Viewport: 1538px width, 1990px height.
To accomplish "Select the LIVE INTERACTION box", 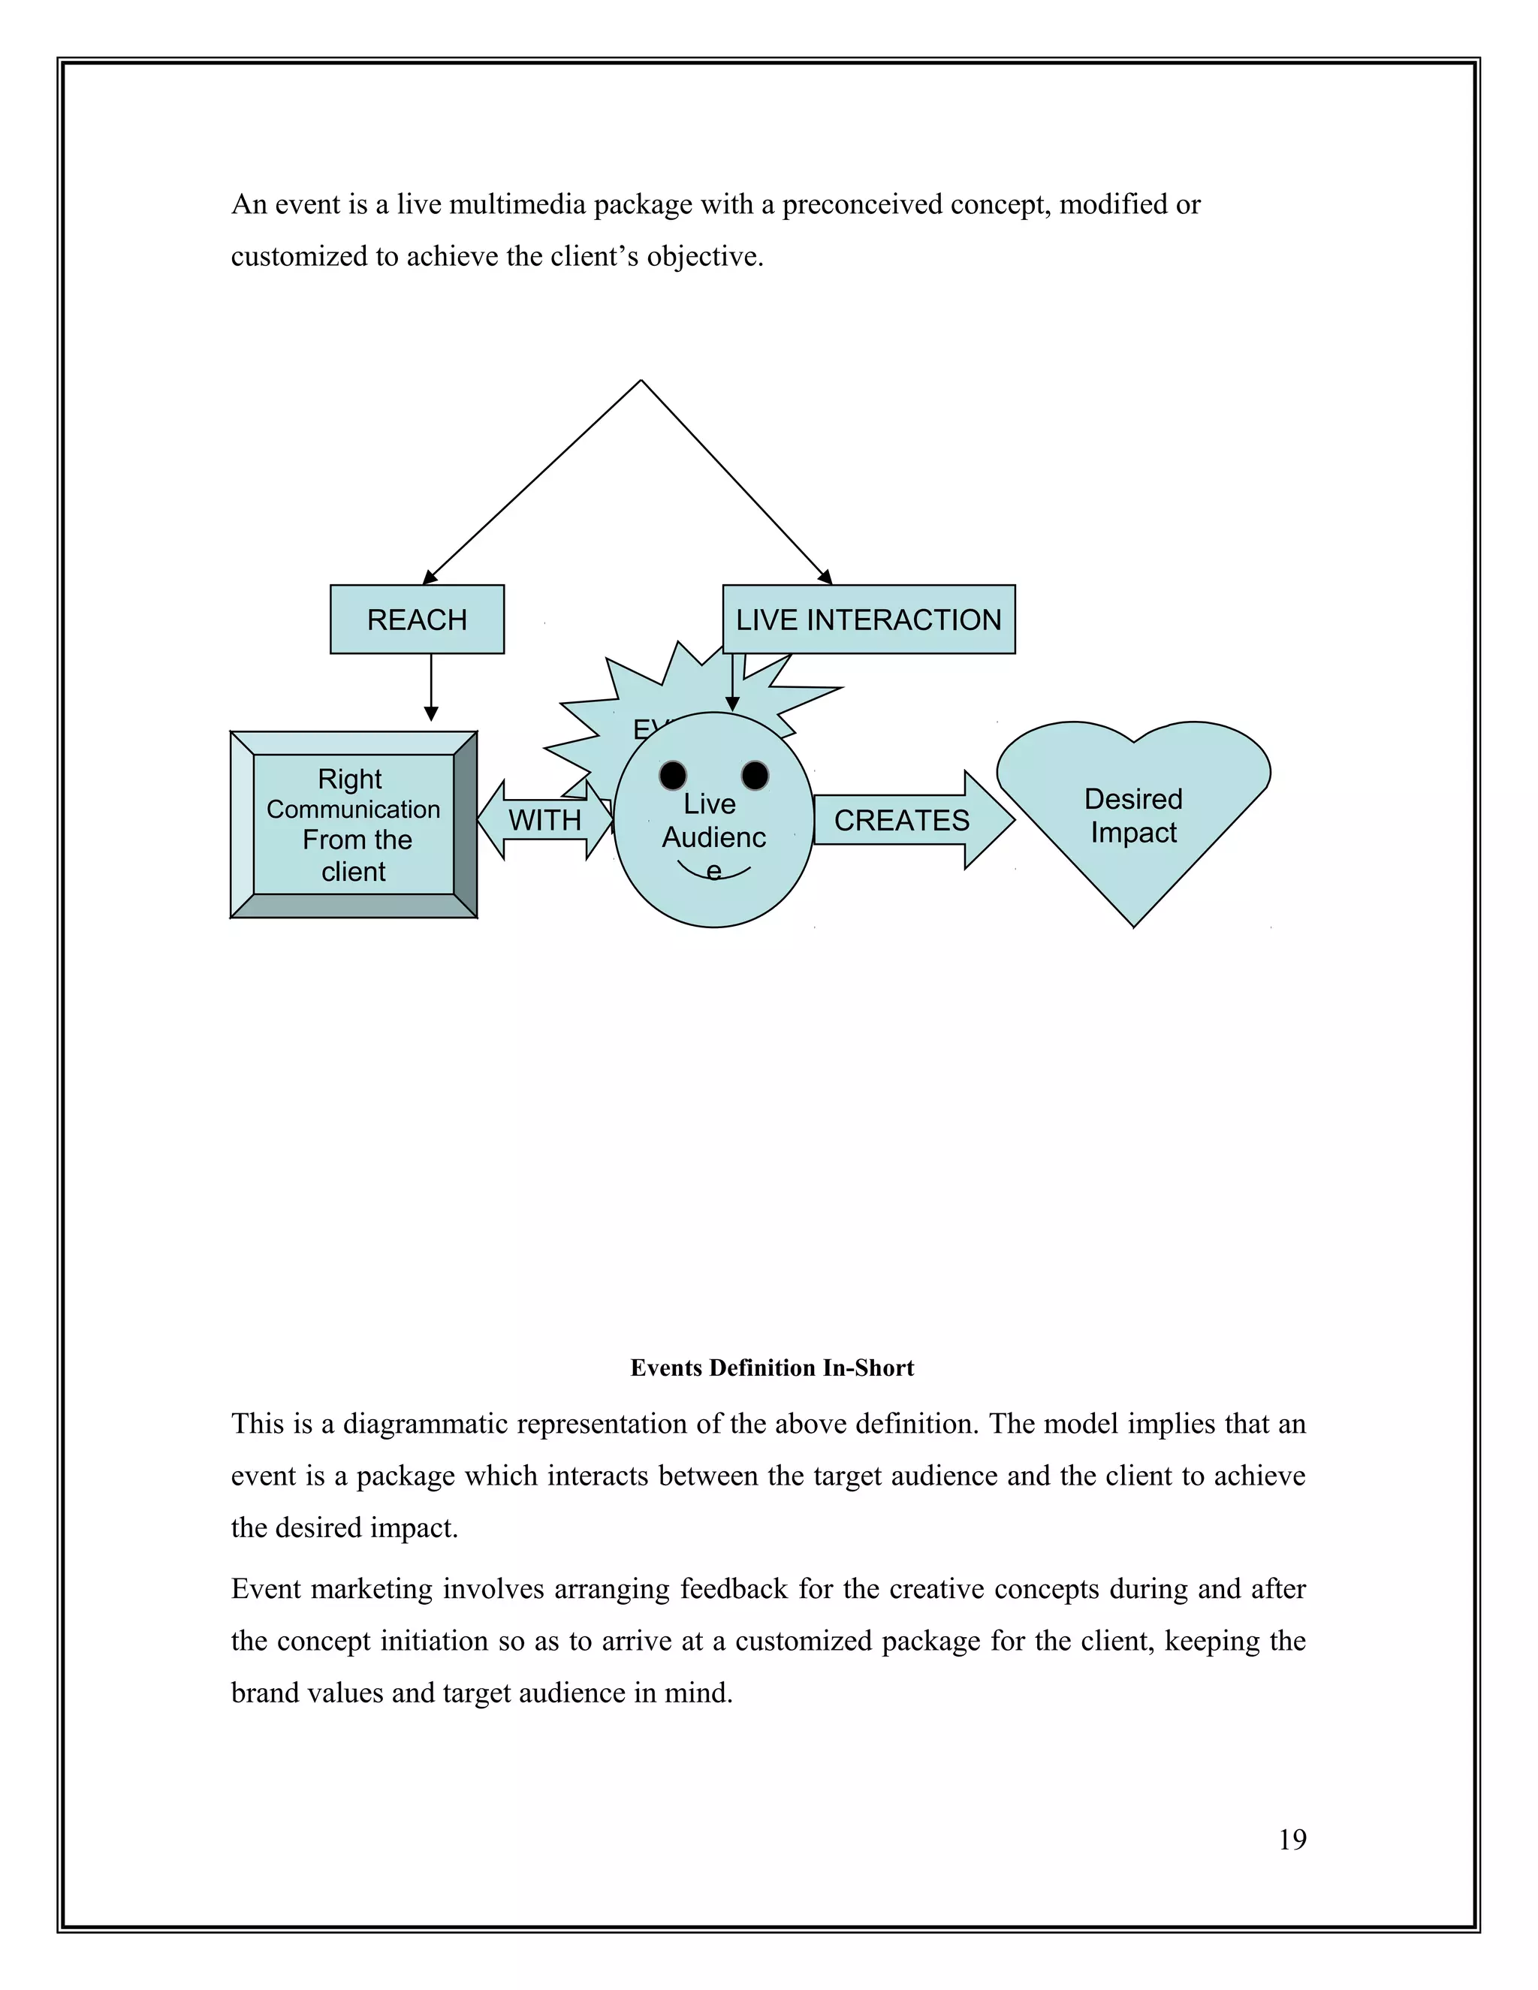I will click(x=868, y=620).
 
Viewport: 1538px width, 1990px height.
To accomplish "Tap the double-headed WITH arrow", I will click(x=545, y=820).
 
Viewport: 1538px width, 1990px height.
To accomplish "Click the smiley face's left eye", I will click(x=672, y=776).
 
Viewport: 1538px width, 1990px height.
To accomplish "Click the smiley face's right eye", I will click(x=755, y=776).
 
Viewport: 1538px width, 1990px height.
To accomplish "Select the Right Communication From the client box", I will click(x=354, y=825).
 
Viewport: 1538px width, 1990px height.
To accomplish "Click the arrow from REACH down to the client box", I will click(x=431, y=688).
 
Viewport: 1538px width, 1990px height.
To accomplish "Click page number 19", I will click(x=1292, y=1840).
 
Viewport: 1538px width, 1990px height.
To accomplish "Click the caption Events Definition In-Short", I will click(x=772, y=1367).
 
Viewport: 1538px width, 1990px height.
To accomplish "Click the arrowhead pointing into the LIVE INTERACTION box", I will click(x=825, y=577).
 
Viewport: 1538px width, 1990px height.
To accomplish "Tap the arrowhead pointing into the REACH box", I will click(x=429, y=577).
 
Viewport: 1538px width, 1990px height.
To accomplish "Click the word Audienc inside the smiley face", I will click(x=713, y=837).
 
